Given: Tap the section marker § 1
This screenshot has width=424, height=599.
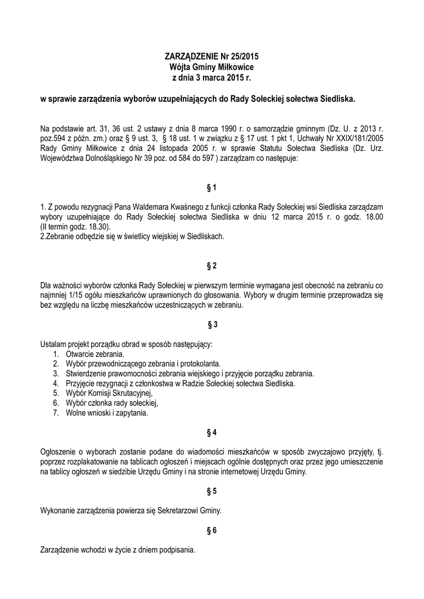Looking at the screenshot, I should tap(212, 188).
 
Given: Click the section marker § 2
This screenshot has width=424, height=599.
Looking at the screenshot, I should tap(212, 266).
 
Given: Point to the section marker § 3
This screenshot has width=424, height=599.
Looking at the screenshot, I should tap(212, 324).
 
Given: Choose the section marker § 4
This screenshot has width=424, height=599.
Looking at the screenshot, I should tap(212, 432).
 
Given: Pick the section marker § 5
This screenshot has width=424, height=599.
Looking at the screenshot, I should tap(212, 491).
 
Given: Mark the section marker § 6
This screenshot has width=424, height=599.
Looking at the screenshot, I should tap(212, 531).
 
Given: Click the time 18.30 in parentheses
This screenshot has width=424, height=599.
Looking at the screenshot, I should tap(97, 226).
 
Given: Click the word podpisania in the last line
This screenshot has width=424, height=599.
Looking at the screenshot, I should tap(176, 550).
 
